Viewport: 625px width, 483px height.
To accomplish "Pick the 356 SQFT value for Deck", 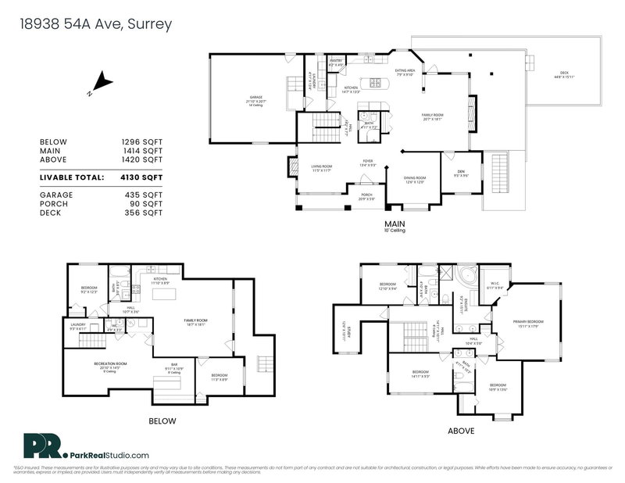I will tap(147, 212).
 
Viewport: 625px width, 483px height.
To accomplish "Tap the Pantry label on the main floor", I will tap(336, 59).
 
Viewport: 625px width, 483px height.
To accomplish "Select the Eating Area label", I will tap(404, 71).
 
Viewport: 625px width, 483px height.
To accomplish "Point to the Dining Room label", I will tap(413, 178).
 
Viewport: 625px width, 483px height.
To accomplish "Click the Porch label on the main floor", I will tap(366, 195).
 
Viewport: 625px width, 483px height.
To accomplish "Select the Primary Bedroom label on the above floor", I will tap(528, 322).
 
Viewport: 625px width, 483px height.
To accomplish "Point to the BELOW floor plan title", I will tap(162, 421).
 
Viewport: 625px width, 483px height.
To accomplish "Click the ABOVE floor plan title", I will tap(458, 429).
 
